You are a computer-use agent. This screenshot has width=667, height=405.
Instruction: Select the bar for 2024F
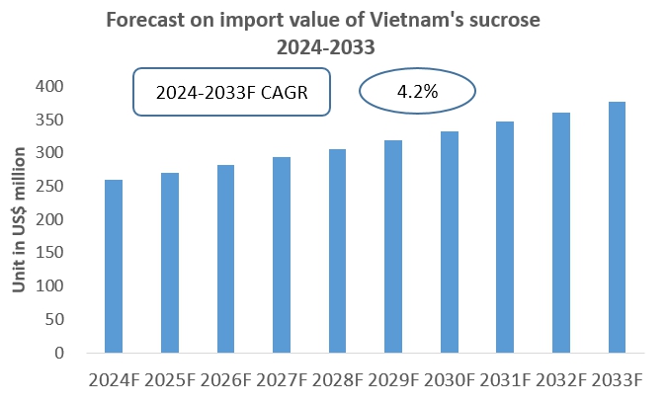[x=113, y=267]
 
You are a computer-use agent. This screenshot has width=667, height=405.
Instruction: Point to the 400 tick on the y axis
[x=52, y=87]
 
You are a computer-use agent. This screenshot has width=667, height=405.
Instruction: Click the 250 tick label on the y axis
[x=52, y=187]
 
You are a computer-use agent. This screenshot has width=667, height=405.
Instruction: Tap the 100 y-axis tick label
[x=52, y=286]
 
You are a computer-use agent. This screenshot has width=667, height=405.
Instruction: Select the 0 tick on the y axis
[x=60, y=353]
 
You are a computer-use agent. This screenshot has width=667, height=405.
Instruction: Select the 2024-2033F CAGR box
[x=232, y=94]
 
